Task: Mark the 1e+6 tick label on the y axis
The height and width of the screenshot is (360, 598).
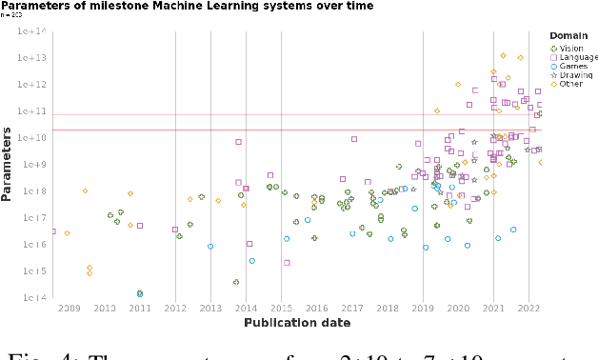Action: [x=35, y=245]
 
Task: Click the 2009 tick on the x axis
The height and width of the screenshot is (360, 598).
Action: [x=70, y=309]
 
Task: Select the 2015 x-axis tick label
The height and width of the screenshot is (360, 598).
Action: [x=281, y=309]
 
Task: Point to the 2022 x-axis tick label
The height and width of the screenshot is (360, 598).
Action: [x=529, y=309]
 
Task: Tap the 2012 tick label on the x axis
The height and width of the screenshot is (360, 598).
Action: [x=175, y=309]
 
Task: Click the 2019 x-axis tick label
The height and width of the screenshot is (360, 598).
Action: [x=423, y=309]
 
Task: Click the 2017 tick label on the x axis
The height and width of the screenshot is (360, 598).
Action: [x=352, y=309]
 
